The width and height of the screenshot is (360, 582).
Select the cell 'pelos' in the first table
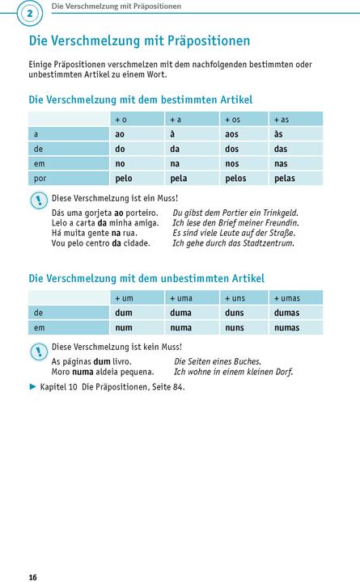click(x=237, y=178)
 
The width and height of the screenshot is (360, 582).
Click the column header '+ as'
click(x=282, y=120)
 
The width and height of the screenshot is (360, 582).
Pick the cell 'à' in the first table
click(x=172, y=134)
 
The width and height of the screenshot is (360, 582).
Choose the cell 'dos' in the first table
click(x=232, y=149)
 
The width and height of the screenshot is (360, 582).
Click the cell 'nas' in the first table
click(x=281, y=163)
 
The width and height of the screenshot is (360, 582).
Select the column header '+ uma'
click(x=180, y=298)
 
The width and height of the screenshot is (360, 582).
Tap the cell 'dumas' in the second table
click(x=286, y=313)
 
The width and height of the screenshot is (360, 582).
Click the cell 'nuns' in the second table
click(x=234, y=327)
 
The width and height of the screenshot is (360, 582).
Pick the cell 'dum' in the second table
click(x=123, y=313)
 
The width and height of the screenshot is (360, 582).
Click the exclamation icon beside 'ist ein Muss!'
click(x=38, y=200)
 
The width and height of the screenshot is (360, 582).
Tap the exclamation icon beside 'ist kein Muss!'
click(x=38, y=350)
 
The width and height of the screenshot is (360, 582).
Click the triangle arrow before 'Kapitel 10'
click(x=33, y=387)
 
